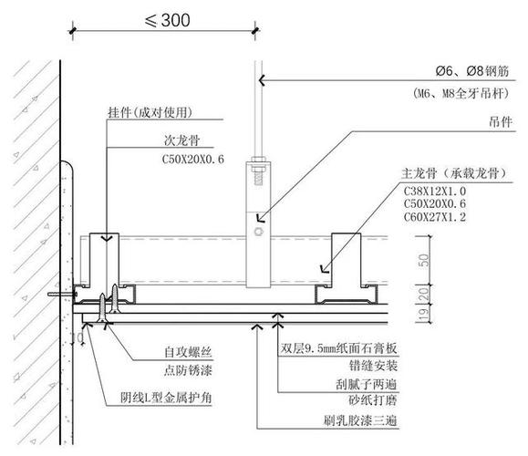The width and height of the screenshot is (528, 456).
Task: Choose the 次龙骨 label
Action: click(x=180, y=141)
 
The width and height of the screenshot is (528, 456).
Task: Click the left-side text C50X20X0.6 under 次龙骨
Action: click(x=198, y=161)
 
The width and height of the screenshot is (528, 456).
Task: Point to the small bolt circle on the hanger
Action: click(x=261, y=234)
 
